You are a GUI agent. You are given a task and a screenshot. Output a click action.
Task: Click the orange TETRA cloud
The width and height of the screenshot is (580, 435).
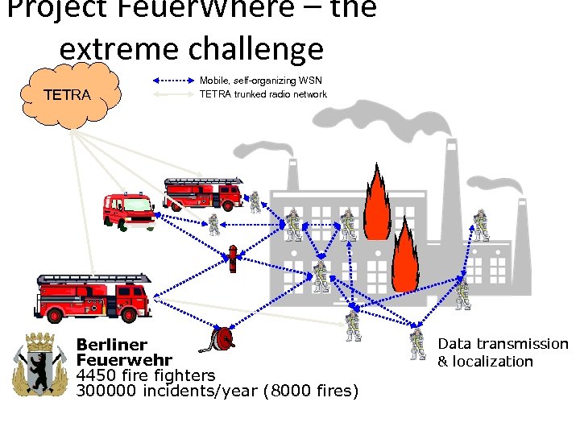(68, 95)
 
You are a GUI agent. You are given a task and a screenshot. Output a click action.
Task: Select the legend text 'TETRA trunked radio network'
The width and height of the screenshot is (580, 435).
(263, 94)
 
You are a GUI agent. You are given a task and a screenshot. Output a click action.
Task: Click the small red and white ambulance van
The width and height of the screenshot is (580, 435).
(128, 211)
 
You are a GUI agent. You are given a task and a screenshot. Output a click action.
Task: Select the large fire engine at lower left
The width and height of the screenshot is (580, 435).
(93, 296)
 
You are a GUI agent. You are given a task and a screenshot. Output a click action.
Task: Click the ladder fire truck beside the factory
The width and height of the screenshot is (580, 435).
(203, 194)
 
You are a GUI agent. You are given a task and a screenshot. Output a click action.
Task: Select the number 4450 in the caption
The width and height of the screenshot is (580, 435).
(97, 375)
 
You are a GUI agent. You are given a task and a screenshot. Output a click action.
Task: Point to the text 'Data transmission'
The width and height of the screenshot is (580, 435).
(503, 344)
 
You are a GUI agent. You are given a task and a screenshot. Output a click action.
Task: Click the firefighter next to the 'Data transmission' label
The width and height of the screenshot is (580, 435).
(417, 343)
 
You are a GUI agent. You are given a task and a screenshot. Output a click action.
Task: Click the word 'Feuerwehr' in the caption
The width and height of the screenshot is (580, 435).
(123, 360)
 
